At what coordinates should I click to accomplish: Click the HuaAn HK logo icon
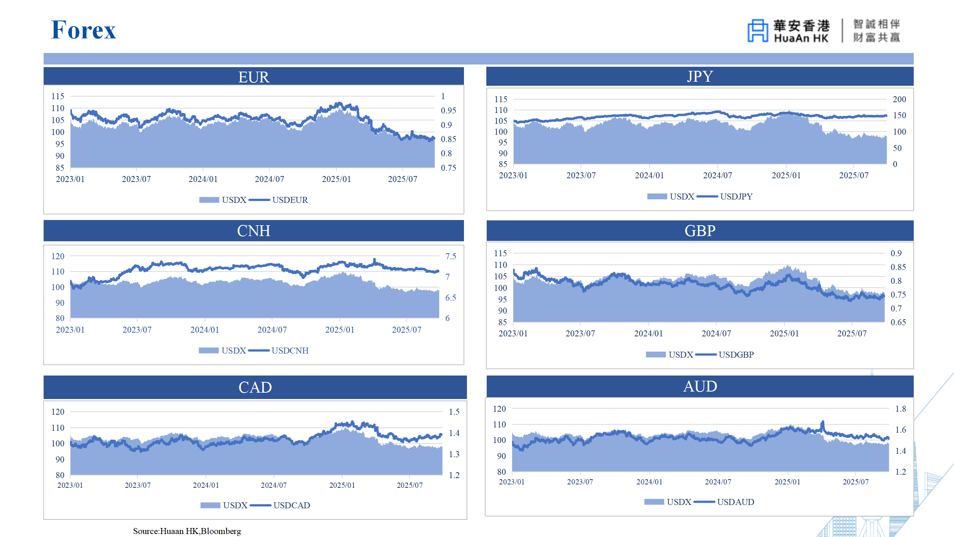tap(757, 31)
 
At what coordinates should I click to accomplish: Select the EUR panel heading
tap(253, 77)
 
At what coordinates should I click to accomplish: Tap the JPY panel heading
tap(699, 76)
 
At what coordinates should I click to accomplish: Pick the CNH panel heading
tap(253, 231)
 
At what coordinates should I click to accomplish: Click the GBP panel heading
tap(699, 231)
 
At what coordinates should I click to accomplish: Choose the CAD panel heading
tap(255, 387)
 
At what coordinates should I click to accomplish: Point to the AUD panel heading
tap(699, 386)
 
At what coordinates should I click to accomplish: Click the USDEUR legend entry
tap(290, 200)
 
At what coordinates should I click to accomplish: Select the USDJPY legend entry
tap(736, 197)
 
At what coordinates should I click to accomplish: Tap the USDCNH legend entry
tap(290, 351)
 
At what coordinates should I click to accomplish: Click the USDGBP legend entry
tap(736, 355)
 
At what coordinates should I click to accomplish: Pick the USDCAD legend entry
tap(291, 505)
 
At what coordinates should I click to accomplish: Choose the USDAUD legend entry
tap(735, 502)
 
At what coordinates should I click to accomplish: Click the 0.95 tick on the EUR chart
tap(448, 110)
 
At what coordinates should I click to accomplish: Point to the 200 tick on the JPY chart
tap(899, 99)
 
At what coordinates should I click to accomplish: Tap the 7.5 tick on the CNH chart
tap(451, 256)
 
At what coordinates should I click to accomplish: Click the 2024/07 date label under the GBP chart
tap(716, 333)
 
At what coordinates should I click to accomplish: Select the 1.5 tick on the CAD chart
tap(454, 412)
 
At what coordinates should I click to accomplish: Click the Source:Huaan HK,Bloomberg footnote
tap(187, 531)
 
